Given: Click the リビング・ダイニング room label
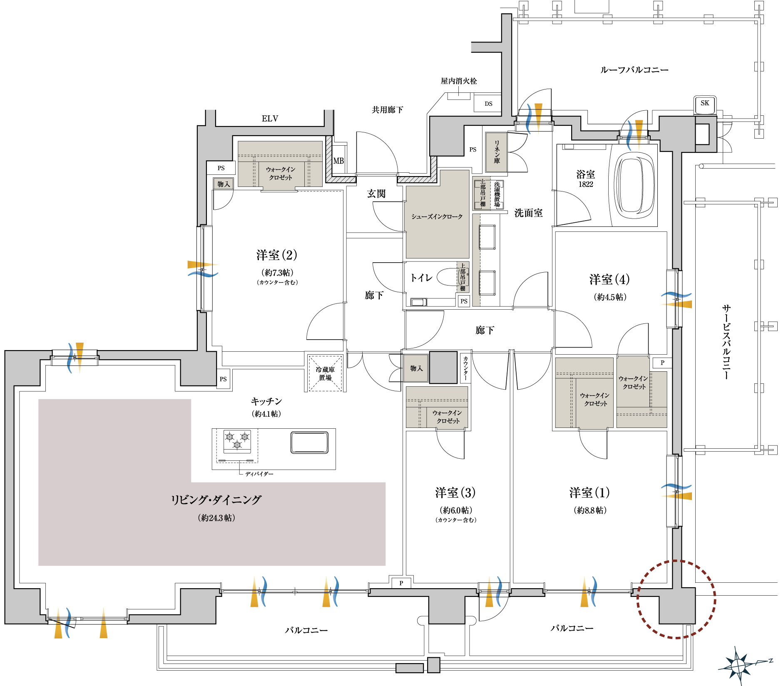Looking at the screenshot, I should pos(216,500).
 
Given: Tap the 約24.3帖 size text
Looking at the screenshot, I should pos(216,518).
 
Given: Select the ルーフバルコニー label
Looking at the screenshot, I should pos(634,70).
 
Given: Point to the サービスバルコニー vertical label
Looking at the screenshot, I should pos(726,341).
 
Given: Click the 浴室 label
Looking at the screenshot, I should pos(585,174).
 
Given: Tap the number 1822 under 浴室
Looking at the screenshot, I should pos(585,184).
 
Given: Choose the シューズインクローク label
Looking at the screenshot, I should pos(437,216).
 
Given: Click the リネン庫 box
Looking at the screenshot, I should pos(496,152).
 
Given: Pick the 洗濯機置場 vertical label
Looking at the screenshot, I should pos(497,194).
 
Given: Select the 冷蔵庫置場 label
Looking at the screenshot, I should pos(325,373).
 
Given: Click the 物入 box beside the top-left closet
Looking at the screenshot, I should pos(224,184).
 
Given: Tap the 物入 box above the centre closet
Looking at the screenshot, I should pos(416,368).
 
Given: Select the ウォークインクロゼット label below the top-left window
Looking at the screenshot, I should pos(281,174).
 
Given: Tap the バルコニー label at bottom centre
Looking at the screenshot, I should pos(306,630).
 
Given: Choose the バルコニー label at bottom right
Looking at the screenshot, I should pos(572,628).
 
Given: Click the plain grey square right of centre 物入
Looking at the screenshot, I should pos(443,368).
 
